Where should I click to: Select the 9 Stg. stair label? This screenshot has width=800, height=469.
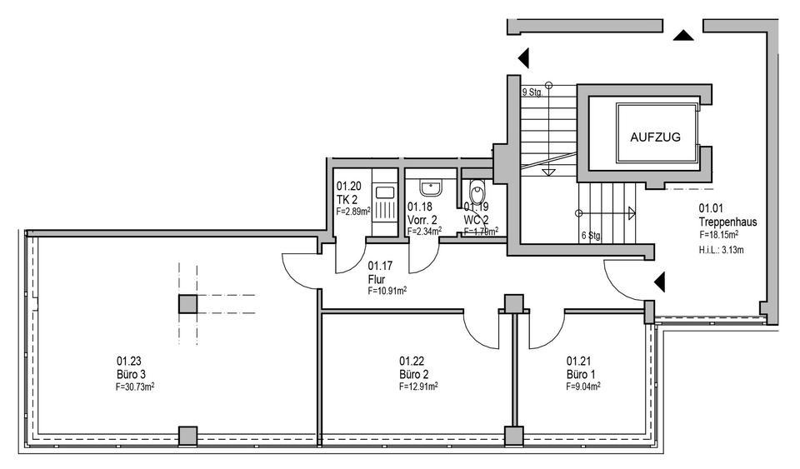[x=532, y=92]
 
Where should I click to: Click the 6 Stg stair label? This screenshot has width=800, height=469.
[x=591, y=236]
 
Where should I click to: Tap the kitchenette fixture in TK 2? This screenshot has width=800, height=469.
[x=384, y=204]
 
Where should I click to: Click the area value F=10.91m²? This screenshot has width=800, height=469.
[x=387, y=292]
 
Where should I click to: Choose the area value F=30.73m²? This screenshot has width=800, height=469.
[x=135, y=387]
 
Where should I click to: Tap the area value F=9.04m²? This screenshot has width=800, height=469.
[x=583, y=386]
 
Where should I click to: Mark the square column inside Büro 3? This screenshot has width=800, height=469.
[x=187, y=303]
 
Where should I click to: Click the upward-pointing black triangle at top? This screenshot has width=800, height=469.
[x=683, y=36]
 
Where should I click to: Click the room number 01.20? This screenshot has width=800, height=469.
[x=347, y=187]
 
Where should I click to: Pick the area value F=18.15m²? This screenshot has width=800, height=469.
[x=719, y=235]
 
